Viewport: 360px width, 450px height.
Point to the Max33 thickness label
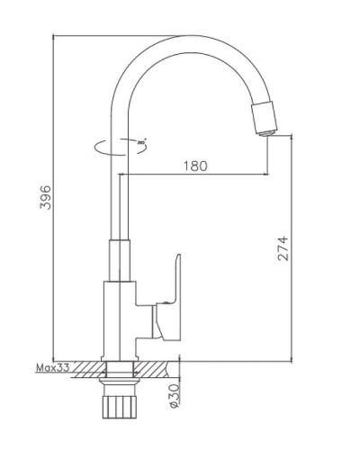[x=51, y=368]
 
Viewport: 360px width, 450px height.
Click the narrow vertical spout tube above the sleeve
[x=117, y=189]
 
